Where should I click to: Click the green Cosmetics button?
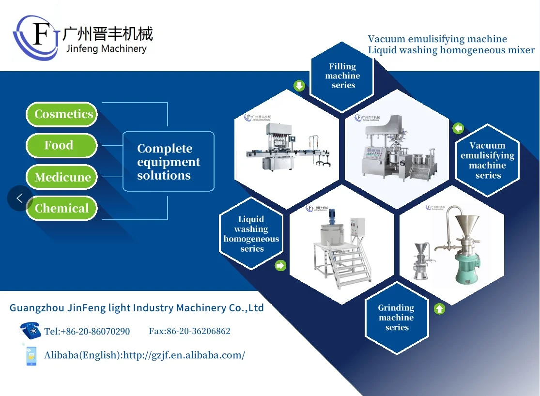tap(62, 114)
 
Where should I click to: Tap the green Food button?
tap(62, 146)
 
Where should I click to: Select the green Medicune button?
tap(62, 177)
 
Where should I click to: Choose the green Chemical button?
tap(62, 208)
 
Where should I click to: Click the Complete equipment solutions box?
tap(168, 162)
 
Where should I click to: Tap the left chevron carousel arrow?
tap(20, 198)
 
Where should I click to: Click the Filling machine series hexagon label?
tap(342, 76)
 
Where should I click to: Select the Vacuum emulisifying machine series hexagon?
tap(487, 160)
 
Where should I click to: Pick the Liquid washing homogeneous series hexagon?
tap(251, 234)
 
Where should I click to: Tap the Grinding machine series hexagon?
tap(396, 318)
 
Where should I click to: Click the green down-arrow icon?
tap(299, 86)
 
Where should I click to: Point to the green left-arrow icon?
tap(458, 128)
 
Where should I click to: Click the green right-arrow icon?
tap(280, 265)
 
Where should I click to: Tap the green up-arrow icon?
tap(439, 308)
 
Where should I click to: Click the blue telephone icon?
tap(30, 330)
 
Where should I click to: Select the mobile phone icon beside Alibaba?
tap(31, 355)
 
